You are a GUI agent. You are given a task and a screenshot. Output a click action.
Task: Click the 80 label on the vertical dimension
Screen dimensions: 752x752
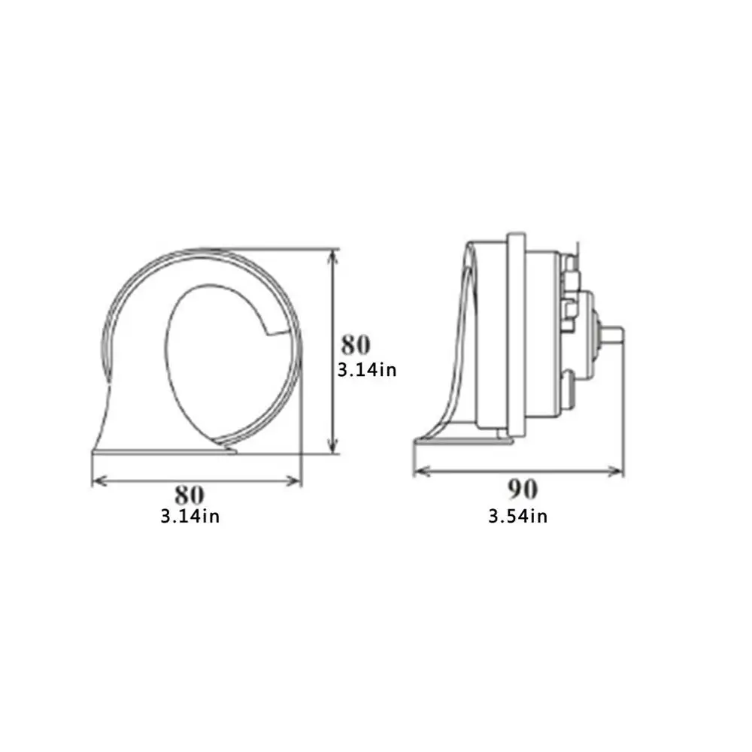tap(356, 345)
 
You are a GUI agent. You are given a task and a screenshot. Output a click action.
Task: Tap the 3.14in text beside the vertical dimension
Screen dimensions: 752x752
tap(367, 370)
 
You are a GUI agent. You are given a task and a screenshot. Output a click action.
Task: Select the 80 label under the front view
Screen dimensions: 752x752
tap(190, 494)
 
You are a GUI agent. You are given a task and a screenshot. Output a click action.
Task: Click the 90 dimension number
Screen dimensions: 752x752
tap(522, 490)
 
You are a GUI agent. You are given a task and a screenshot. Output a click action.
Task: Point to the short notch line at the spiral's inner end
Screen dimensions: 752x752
tap(277, 331)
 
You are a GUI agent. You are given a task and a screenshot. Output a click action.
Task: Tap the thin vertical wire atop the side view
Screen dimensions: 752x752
tap(575, 248)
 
